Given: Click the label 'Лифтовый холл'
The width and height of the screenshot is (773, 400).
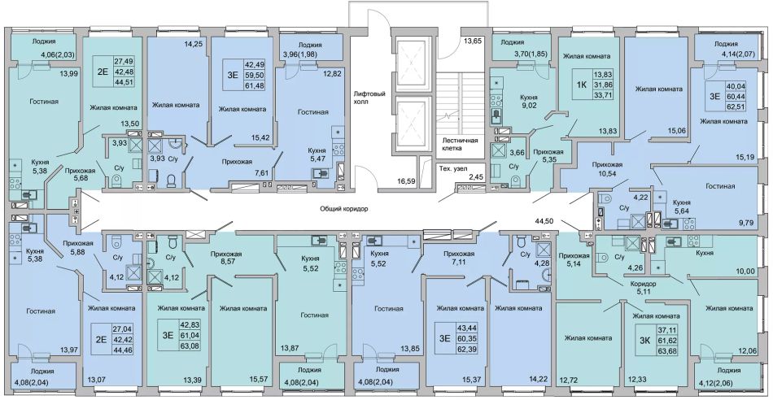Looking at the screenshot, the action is tap(369, 97).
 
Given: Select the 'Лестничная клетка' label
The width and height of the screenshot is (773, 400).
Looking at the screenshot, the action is tap(460, 143).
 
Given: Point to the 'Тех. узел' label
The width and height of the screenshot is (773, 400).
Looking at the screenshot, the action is tap(453, 169).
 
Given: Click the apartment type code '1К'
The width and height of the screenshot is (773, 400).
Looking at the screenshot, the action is tap(582, 84).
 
